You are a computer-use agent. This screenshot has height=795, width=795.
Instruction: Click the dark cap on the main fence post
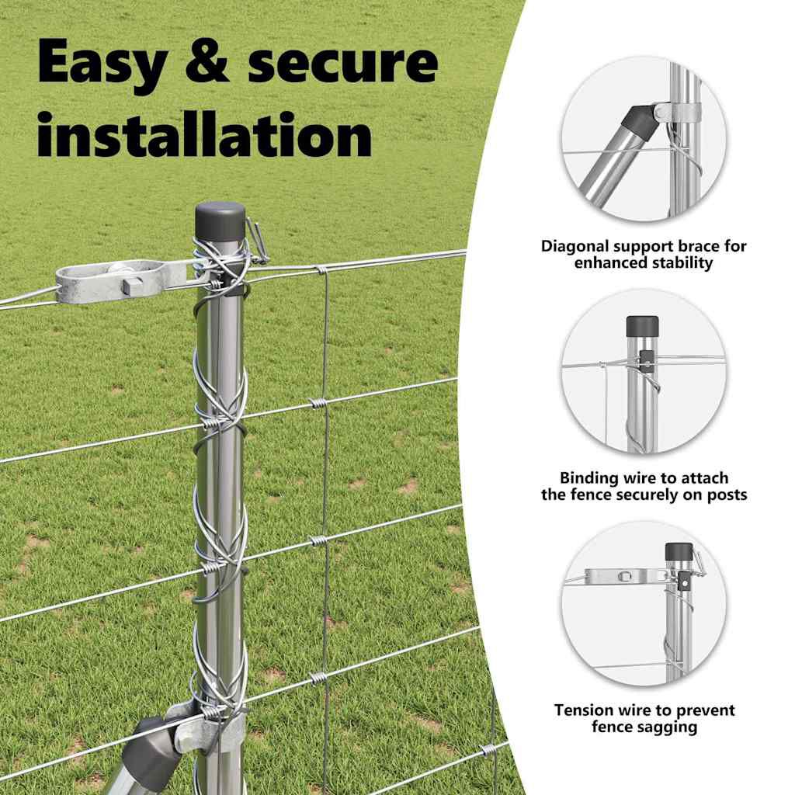[x=220, y=221]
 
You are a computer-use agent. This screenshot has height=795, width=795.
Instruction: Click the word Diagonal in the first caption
[x=575, y=247]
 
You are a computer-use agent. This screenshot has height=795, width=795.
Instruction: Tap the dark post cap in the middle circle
[x=642, y=327]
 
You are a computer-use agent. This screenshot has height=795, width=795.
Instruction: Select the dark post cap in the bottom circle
[x=679, y=552]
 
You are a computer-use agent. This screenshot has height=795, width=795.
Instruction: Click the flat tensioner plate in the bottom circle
[x=627, y=576]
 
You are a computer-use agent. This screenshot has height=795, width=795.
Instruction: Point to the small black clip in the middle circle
[x=645, y=361]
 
